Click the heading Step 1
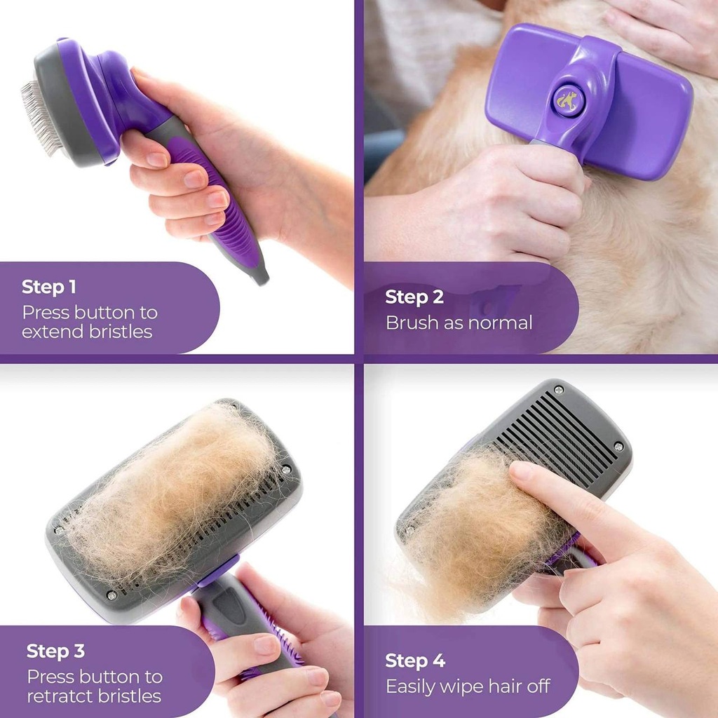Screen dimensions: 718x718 (49, 287)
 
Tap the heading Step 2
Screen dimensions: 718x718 (414, 297)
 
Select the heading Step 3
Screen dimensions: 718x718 (55, 651)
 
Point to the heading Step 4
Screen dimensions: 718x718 (414, 661)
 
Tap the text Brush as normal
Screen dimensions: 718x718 (459, 323)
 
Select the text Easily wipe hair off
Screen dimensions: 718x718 (468, 686)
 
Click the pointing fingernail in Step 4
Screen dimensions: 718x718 (520, 470)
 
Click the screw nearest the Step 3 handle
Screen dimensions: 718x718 (112, 595)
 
